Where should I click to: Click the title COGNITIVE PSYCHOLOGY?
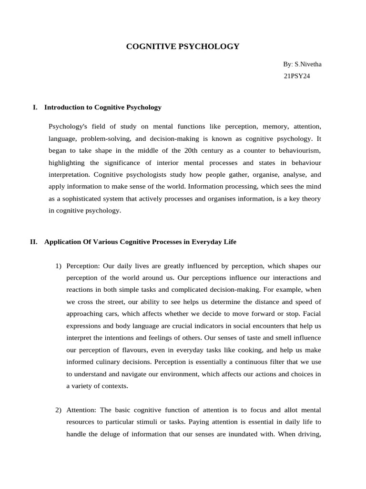click(183, 46)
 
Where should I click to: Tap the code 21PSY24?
click(297, 76)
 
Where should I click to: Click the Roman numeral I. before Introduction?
click(35, 107)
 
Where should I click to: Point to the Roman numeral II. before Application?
click(34, 242)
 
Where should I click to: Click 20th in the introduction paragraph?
click(195, 150)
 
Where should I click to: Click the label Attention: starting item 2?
click(82, 410)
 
